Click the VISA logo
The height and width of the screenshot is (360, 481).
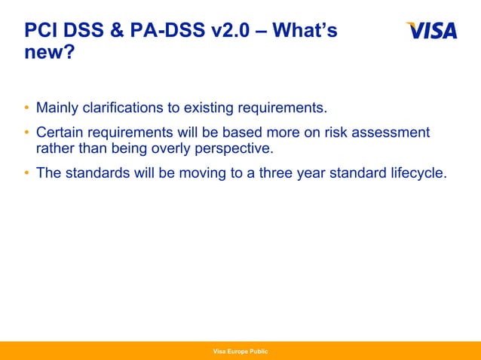[431, 31]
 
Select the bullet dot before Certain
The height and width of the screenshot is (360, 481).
[26, 133]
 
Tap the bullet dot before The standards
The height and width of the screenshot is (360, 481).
[26, 173]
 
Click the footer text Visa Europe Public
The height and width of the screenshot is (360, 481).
[240, 352]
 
